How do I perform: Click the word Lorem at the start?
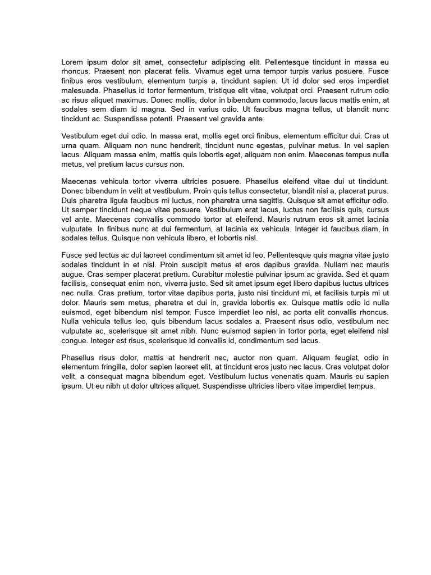[73, 62]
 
